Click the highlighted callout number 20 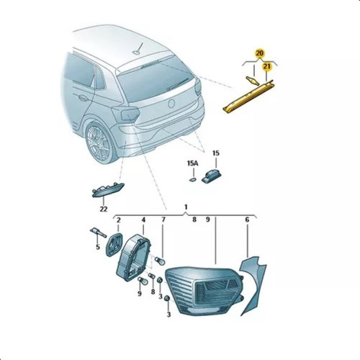pos(259,53)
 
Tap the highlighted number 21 pos(267,67)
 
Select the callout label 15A pos(192,163)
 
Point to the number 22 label pos(104,209)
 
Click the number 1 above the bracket pos(186,207)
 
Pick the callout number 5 pos(98,247)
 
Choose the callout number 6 pos(247,220)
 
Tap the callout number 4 pos(143,220)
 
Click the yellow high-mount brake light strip pos(248,96)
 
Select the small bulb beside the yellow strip pos(253,81)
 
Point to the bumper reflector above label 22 pos(108,190)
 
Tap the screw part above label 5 pos(98,233)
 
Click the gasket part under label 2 pos(114,244)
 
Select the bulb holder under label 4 pos(132,258)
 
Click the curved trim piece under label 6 pos(254,283)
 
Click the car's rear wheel pos(100,143)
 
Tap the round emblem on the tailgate pos(171,104)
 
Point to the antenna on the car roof pos(138,49)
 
